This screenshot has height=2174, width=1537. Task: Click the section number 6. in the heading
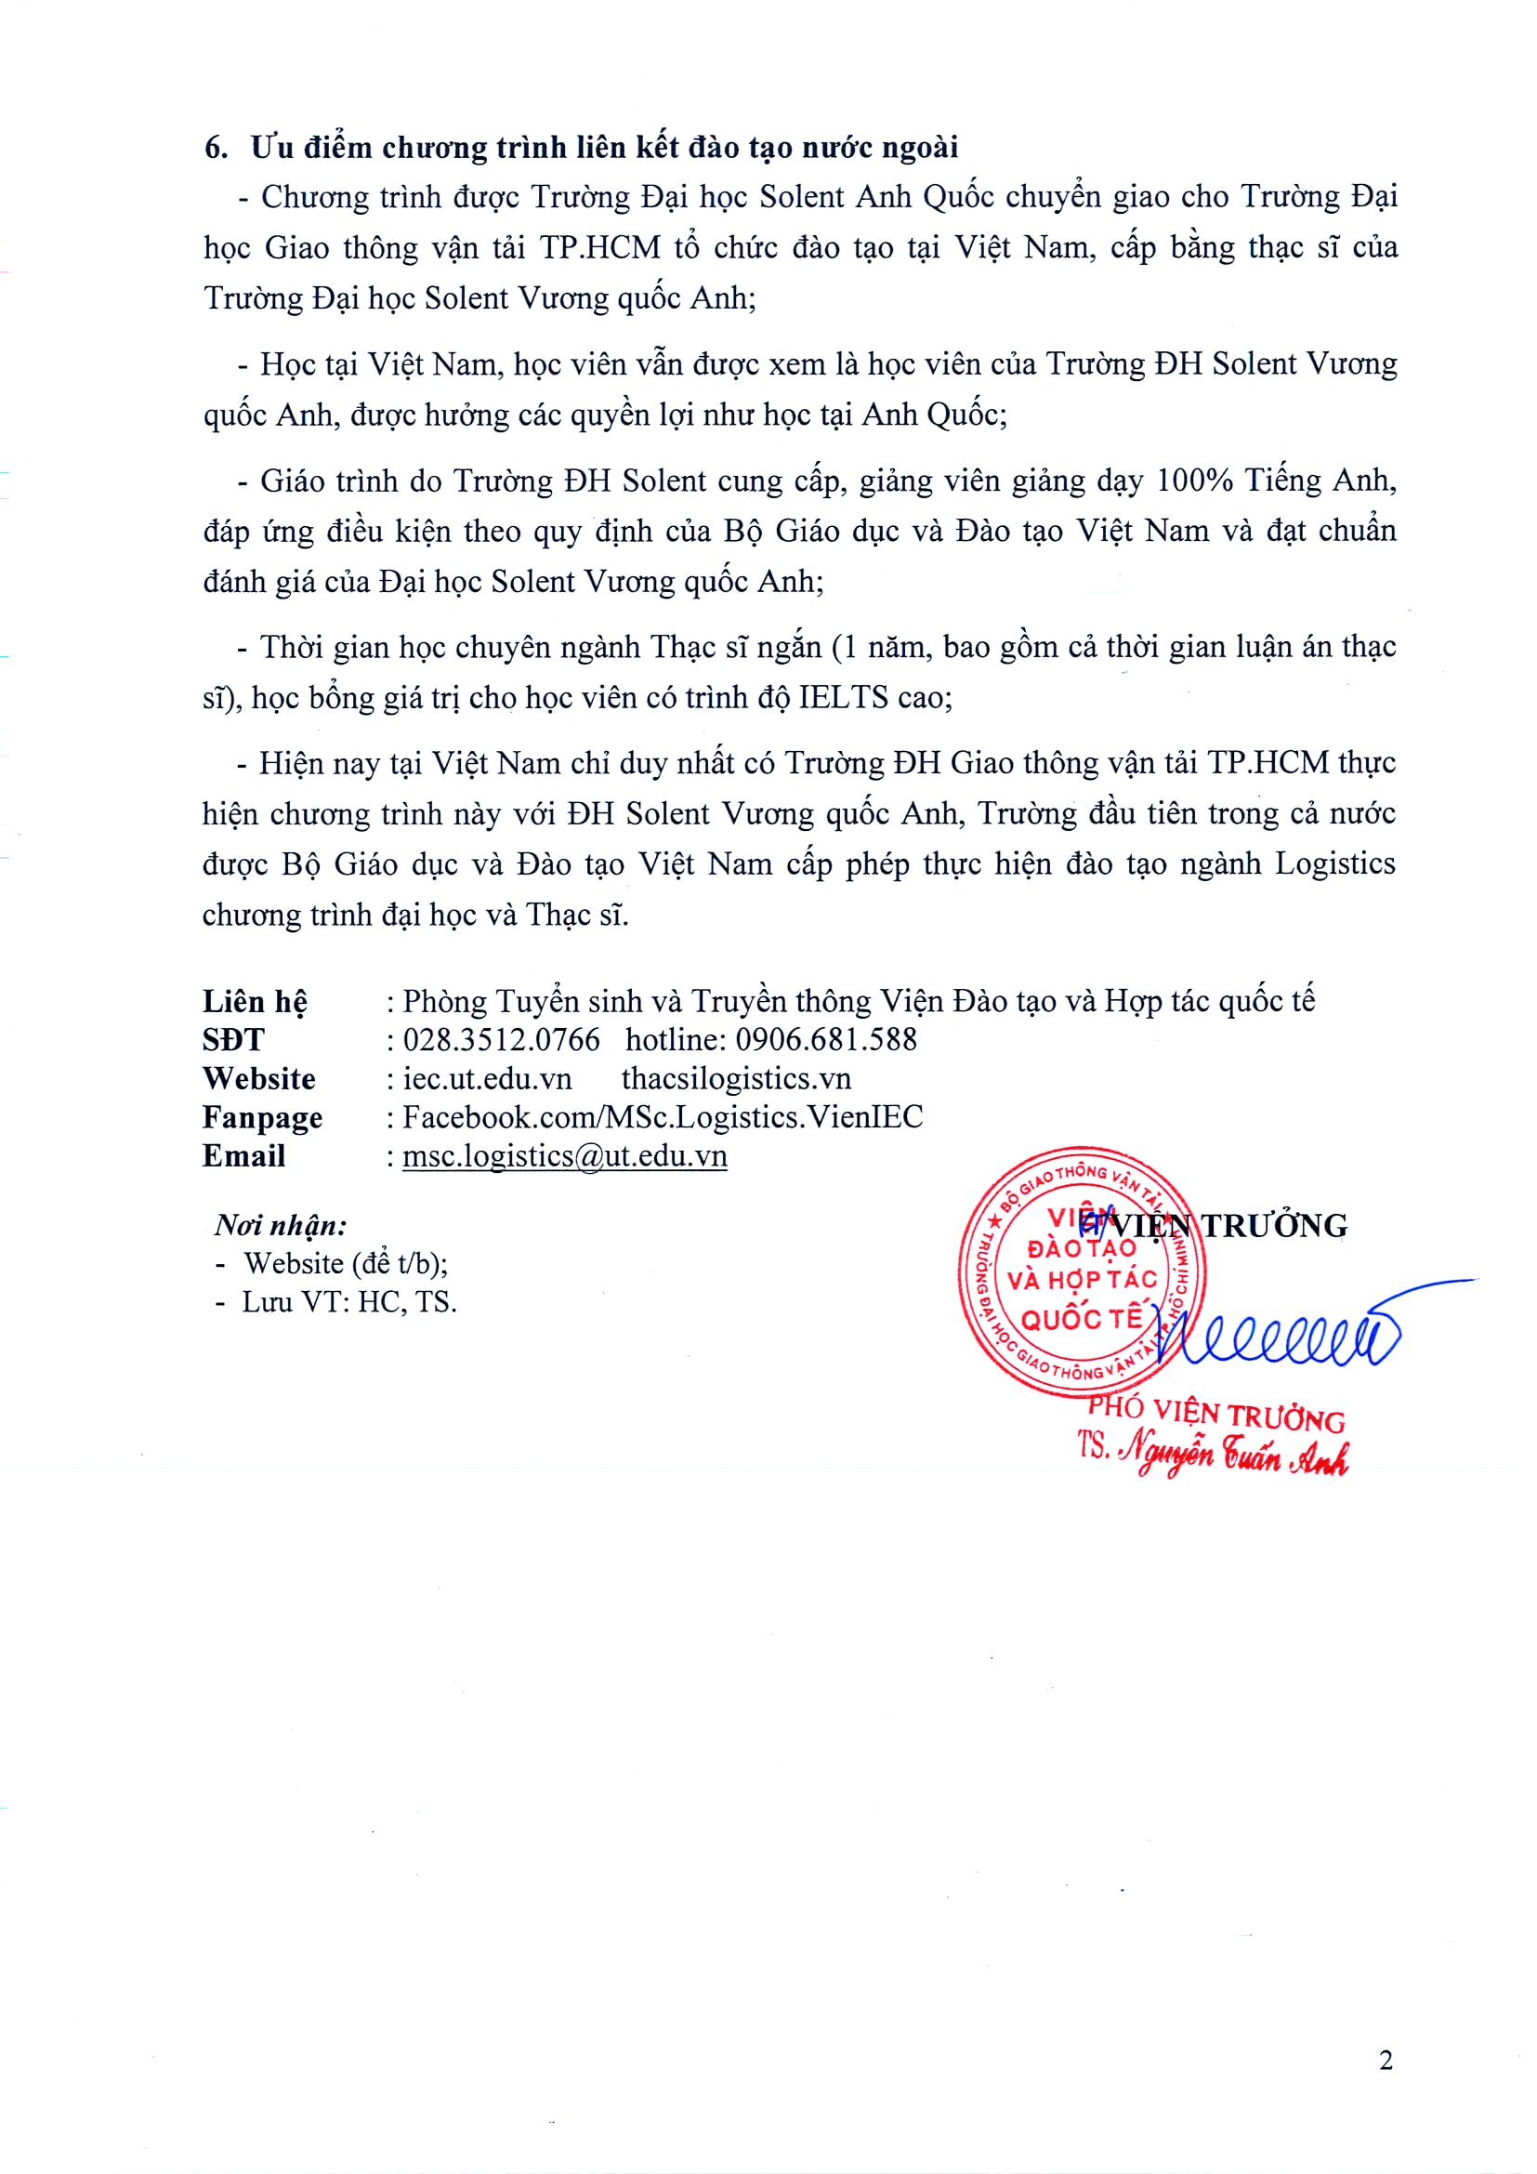217,149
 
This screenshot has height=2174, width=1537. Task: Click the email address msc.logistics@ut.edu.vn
565,1156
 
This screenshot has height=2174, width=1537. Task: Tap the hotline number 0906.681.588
826,1040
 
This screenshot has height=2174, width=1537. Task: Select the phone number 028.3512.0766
502,1040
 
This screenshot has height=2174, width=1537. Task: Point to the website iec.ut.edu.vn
488,1078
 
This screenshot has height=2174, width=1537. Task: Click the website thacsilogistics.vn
736,1078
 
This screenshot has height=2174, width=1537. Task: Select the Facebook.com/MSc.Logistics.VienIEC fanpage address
663,1117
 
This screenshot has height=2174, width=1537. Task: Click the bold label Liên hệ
255,1002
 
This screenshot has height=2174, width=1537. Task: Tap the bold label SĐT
233,1040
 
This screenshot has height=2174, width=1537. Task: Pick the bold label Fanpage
262,1118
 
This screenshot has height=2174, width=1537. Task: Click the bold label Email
243,1156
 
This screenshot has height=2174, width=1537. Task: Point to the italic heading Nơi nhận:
281,1226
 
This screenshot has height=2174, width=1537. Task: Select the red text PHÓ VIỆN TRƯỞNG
1216,1415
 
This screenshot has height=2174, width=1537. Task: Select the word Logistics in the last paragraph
1334,863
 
